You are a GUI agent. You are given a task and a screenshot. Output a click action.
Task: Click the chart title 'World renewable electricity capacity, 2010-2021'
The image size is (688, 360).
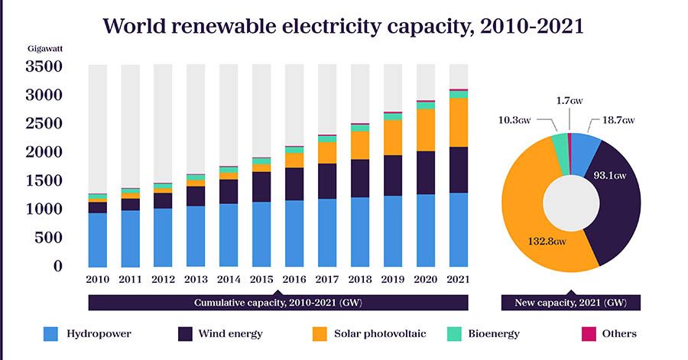(343, 26)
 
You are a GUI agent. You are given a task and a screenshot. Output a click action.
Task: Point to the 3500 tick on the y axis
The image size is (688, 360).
(43, 66)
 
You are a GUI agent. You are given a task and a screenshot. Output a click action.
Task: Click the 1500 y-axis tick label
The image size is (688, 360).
(43, 180)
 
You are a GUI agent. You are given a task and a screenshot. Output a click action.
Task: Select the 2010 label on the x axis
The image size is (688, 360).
(98, 279)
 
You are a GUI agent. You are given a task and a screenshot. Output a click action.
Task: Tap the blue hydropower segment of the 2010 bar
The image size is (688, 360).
(98, 239)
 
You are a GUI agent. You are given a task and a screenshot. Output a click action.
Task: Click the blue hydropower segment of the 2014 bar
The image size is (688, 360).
(228, 235)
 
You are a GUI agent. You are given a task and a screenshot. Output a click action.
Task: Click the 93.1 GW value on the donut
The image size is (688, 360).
(610, 176)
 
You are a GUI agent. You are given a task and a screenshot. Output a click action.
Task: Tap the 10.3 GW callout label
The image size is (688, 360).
(514, 120)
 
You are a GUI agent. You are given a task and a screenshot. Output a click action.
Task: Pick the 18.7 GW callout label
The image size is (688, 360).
(618, 120)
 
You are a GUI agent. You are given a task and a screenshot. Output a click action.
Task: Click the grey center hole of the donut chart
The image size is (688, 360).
(572, 203)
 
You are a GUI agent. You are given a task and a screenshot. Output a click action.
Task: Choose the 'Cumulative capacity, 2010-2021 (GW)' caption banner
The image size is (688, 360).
(278, 302)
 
